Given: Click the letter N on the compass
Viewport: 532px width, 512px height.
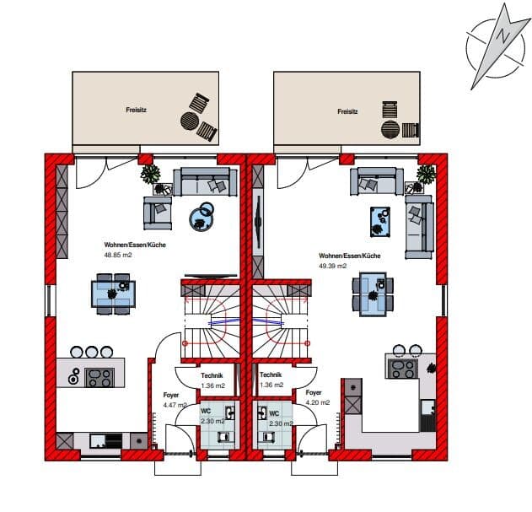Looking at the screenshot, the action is pos(503,35).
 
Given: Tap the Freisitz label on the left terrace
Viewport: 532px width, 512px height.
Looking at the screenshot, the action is pos(136,110).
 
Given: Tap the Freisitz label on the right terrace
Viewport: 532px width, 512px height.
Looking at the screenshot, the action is pos(347,111).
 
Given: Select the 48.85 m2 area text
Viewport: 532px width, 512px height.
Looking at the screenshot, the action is pos(118,255).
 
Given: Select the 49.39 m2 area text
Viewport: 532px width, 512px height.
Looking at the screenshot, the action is pos(332,266).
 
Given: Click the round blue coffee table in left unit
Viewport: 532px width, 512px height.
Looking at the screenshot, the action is pos(201,219).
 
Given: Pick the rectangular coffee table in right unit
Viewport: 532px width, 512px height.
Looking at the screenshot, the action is pos(380,222).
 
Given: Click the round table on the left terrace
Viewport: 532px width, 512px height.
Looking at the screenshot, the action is pos(190,121).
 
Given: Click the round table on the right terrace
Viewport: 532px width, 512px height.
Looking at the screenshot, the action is pos(390,129).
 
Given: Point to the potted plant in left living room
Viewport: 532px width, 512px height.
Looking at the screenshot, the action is pos(151,174).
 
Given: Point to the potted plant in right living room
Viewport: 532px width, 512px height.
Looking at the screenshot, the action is pos(426,174).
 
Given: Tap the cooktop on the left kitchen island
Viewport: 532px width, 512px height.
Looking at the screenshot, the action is pos(99,377).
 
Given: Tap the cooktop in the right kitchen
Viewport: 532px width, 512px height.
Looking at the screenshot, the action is pos(403,369).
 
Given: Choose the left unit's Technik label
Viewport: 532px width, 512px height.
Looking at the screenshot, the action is pos(212,375).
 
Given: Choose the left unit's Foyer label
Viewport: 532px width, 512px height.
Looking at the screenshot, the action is pos(171,396).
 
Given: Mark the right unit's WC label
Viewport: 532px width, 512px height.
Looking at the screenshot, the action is pos(274,413).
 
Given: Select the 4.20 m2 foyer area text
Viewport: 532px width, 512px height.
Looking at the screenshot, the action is pos(318,402).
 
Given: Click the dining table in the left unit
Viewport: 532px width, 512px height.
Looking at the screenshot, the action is pos(113,294).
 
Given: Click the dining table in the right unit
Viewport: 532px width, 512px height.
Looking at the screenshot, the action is pos(373,294).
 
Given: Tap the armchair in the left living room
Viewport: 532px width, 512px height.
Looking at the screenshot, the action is pos(158,213).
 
